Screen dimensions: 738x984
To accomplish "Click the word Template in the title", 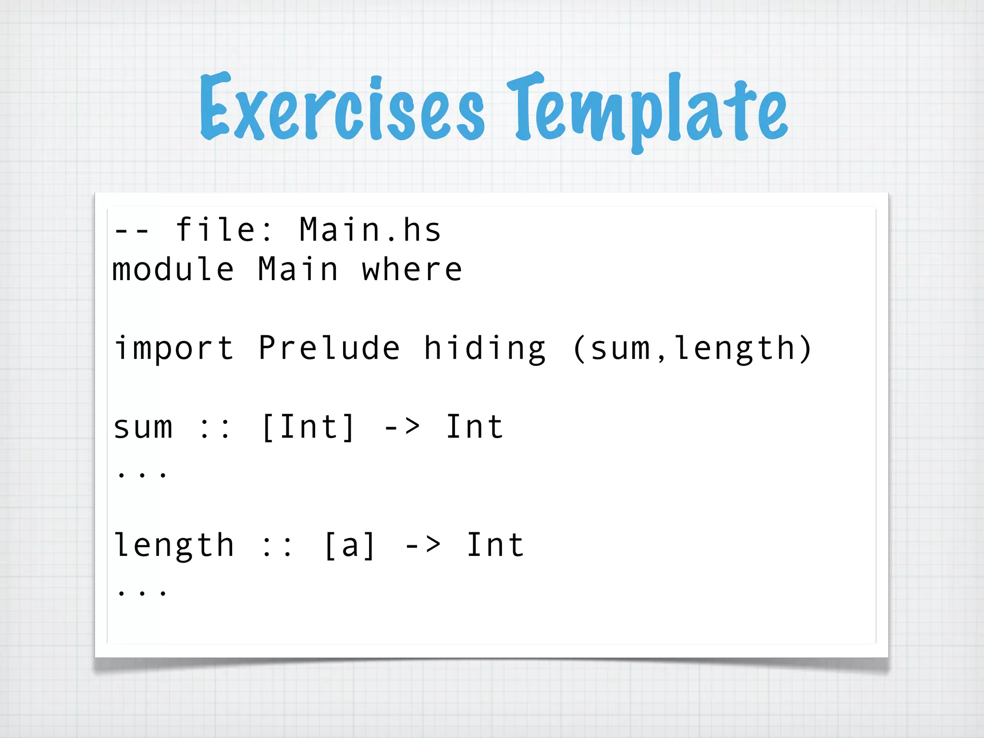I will point(647,111).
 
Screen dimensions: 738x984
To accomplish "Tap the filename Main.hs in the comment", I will point(370,230).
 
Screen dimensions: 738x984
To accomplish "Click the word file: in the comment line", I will point(224,230).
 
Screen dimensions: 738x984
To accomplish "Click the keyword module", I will point(173,270).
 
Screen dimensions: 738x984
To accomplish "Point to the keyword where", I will point(412,270).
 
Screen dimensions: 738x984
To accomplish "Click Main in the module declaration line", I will point(298,270).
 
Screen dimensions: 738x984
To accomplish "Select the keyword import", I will point(174,348).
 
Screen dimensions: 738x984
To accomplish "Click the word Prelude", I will point(329,348).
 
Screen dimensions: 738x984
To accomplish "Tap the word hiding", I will point(484,348).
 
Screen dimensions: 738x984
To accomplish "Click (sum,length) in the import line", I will point(692,348).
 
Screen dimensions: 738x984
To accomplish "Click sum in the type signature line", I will point(143,427).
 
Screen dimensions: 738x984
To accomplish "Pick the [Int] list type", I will point(308,427).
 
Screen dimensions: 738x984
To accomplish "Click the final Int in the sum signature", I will point(474,427).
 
